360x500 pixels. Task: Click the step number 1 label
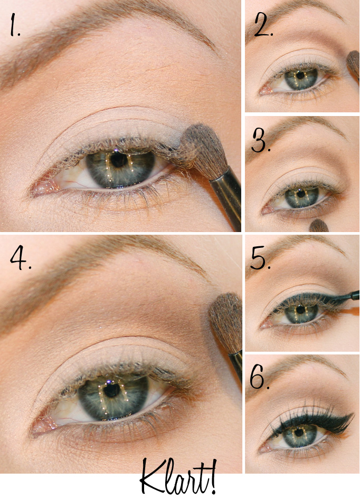14,24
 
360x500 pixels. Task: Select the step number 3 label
261,141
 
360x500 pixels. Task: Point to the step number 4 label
21,258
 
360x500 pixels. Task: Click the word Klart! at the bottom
178,478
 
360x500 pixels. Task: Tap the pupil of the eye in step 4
112,390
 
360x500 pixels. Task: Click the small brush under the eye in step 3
319,226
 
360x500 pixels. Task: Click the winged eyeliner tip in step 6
353,414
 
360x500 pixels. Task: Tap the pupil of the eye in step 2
300,75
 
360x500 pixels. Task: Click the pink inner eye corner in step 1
42,189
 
